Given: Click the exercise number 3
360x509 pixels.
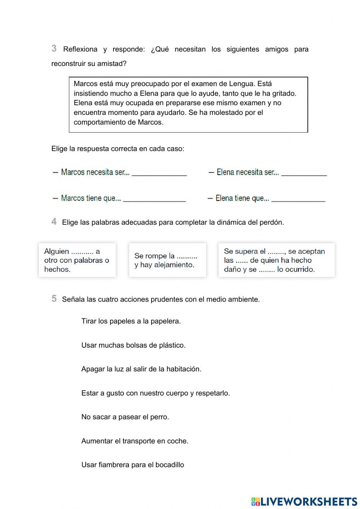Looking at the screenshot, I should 54,48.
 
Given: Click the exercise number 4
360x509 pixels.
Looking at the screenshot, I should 54,222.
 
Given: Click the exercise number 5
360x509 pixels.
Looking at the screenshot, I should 54,299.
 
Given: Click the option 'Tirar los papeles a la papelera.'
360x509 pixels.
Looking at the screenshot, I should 131,321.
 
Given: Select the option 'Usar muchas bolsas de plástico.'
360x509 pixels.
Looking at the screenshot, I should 133,345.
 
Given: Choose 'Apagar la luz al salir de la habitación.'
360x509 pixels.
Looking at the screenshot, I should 141,369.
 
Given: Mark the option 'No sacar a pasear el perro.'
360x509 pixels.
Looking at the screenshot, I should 125,417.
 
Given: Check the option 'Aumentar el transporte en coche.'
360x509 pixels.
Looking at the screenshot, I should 135,441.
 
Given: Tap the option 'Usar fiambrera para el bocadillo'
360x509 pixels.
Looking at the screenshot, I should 132,465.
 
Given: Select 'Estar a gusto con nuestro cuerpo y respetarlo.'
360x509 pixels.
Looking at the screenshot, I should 156,393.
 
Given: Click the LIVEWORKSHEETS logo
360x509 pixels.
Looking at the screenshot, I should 304,501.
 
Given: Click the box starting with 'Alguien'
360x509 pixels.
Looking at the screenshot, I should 77,260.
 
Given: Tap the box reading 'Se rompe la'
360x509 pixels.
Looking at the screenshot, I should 167,260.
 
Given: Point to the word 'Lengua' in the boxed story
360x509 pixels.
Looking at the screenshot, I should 242,84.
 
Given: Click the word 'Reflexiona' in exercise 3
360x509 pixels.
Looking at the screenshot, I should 80,49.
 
